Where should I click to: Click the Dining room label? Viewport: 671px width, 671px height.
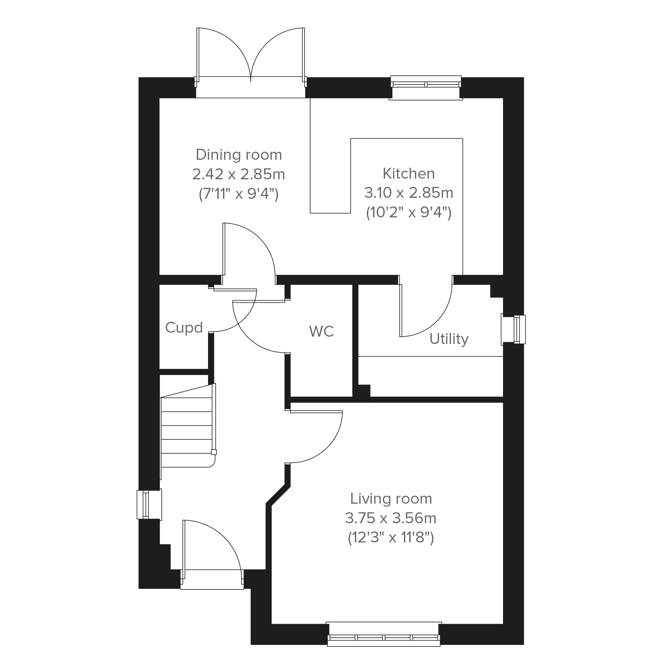(x=239, y=155)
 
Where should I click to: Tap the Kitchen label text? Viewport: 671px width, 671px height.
(x=409, y=174)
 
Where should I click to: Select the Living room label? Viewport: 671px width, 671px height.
(x=391, y=499)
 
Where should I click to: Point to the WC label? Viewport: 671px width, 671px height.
(x=321, y=331)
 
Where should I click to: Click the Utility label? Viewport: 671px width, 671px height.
(x=449, y=339)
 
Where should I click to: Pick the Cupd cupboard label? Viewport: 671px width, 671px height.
(x=184, y=327)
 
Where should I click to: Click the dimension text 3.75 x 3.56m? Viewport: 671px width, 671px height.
(x=391, y=518)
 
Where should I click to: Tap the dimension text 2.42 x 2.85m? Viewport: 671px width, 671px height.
(x=239, y=174)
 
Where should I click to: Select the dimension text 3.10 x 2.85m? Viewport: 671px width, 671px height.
(x=409, y=193)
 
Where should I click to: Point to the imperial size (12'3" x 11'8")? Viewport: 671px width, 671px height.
(x=391, y=538)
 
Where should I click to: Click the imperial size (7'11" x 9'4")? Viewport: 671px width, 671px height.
(x=239, y=194)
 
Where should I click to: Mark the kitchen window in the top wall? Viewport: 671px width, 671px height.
(x=426, y=88)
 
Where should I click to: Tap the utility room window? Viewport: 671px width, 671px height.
(x=513, y=329)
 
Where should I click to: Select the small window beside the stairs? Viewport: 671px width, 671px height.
(x=149, y=505)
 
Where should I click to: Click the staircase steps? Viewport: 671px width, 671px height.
(x=187, y=432)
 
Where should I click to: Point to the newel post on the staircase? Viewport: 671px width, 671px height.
(x=214, y=452)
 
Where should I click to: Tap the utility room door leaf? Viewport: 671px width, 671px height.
(x=401, y=310)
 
